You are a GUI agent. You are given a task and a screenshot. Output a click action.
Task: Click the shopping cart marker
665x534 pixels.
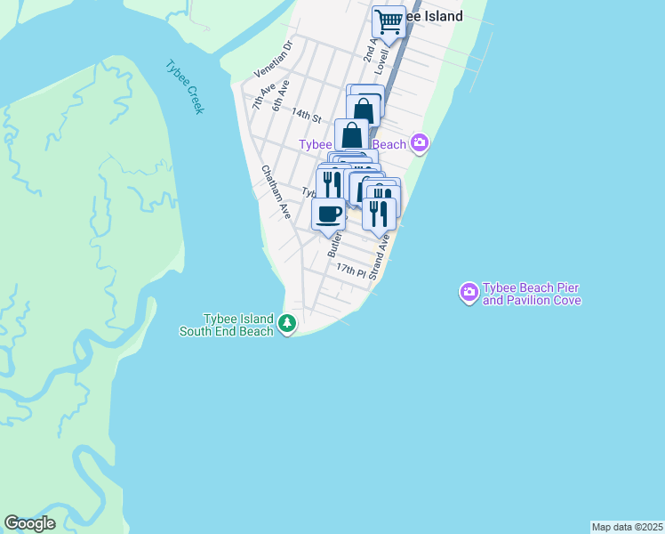(x=389, y=21)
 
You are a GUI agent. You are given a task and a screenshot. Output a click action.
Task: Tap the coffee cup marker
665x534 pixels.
(x=329, y=214)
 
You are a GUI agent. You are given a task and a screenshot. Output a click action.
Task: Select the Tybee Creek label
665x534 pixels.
(x=185, y=86)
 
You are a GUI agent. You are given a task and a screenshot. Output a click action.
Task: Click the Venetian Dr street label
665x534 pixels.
(x=274, y=58)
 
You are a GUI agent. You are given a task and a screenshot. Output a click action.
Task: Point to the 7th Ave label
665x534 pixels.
(x=258, y=93)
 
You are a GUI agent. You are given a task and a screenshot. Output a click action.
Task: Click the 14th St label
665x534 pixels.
(x=305, y=116)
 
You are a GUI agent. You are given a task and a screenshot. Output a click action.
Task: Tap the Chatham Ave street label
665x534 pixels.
(x=276, y=192)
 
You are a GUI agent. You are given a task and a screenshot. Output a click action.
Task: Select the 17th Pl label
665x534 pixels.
(x=351, y=269)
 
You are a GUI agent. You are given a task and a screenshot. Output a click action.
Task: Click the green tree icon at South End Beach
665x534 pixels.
(x=286, y=324)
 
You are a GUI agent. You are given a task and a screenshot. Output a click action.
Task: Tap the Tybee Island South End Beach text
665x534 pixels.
(x=237, y=325)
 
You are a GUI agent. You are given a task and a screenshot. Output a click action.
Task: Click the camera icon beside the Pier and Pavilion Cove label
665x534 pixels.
(x=469, y=292)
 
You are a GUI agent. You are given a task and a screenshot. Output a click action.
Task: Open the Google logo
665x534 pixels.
(x=29, y=523)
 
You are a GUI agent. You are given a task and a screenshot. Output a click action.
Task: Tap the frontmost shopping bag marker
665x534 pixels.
(x=352, y=136)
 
